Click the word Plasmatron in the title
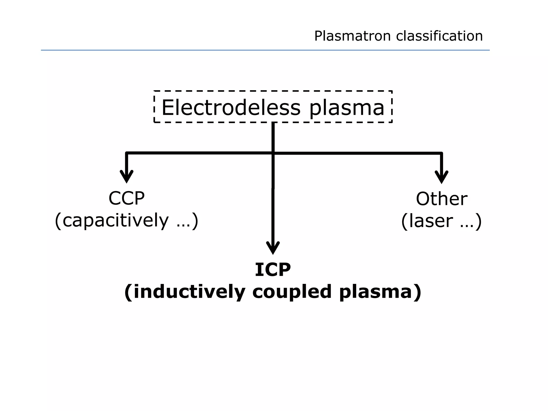[352, 36]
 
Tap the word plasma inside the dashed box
[347, 108]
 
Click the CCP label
[127, 198]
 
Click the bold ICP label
[273, 270]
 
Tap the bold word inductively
[189, 292]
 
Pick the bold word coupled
[292, 292]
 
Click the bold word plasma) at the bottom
[380, 292]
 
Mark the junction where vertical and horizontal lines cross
[273, 153]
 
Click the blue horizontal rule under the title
[265, 50]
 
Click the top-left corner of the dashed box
[154, 91]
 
